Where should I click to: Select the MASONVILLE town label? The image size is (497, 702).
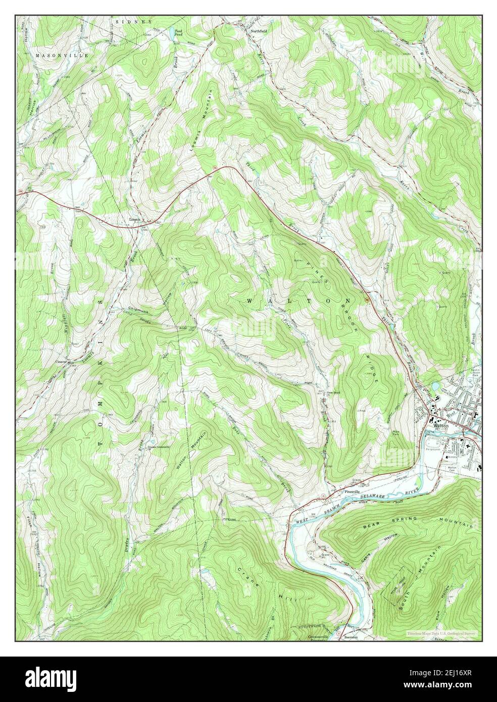pyautogui.click(x=62, y=55)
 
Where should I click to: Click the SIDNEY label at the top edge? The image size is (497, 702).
pyautogui.click(x=133, y=23)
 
